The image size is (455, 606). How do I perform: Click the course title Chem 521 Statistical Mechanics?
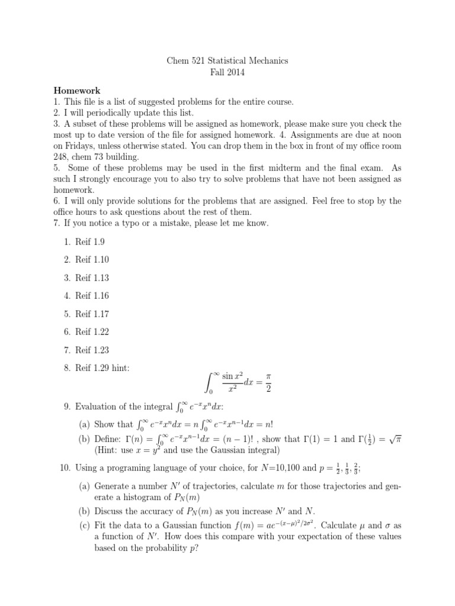227,60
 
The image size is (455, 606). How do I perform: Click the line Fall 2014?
227,73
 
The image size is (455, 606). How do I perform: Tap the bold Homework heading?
77,91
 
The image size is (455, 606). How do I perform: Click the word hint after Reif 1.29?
120,368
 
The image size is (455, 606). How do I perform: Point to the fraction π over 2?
265,383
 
